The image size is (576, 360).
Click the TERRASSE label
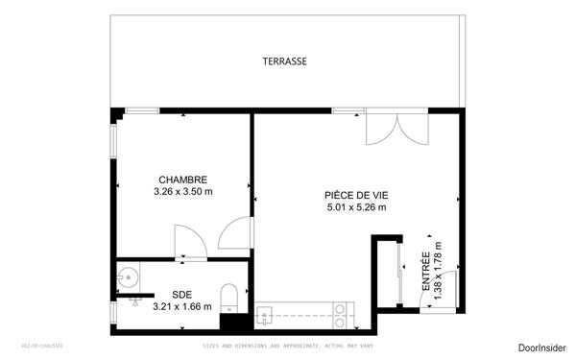285,61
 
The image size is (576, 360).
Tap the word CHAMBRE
182,180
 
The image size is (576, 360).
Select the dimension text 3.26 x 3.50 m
182,192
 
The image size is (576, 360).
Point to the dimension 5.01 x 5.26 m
355,207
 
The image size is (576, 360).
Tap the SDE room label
182,295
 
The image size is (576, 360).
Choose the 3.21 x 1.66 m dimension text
182,307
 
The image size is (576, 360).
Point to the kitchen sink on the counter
265,313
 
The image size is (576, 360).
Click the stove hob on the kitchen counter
340,313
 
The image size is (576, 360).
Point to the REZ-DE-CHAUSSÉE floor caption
42,346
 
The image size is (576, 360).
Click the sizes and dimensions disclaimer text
288,346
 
